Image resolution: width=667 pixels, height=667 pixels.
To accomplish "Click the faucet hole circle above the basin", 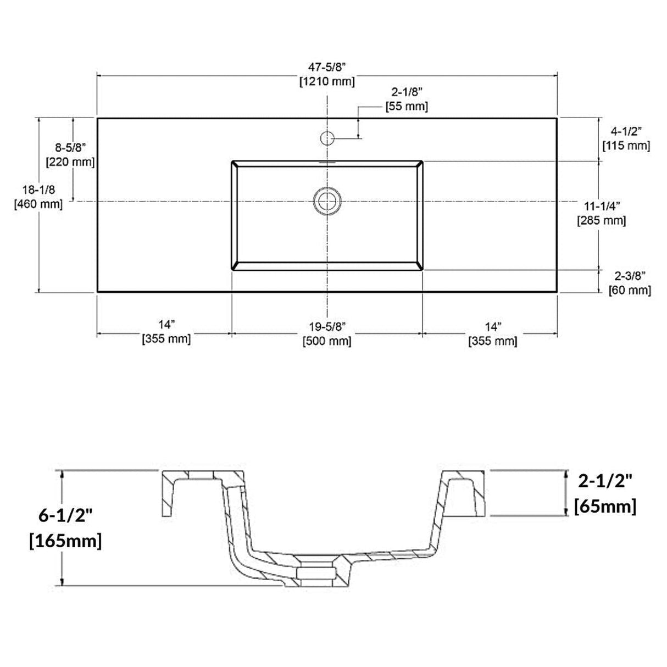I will [x=327, y=137].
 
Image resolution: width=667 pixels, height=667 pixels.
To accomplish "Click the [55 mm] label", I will [x=406, y=106].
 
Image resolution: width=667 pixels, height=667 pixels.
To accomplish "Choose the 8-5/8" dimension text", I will [x=70, y=147].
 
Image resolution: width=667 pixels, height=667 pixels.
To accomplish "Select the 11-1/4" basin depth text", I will [x=602, y=206].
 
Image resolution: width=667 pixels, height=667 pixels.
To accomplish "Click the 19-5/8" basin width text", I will [x=327, y=326].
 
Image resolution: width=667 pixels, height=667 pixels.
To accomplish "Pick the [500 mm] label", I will [x=327, y=341].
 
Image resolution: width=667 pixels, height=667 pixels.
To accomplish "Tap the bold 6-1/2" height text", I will [x=65, y=517].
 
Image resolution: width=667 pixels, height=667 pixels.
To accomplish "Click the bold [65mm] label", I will [x=605, y=505].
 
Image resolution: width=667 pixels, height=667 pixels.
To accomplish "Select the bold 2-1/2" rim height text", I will [x=605, y=481].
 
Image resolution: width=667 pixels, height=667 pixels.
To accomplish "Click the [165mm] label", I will [x=65, y=541].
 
